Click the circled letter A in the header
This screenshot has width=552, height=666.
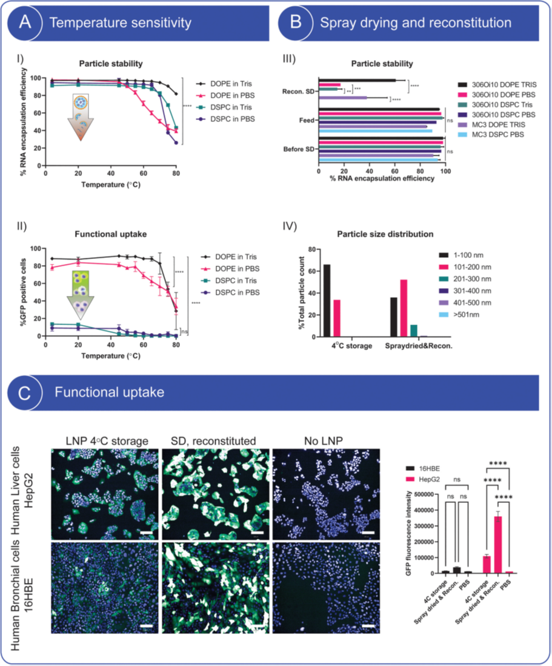(25, 23)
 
